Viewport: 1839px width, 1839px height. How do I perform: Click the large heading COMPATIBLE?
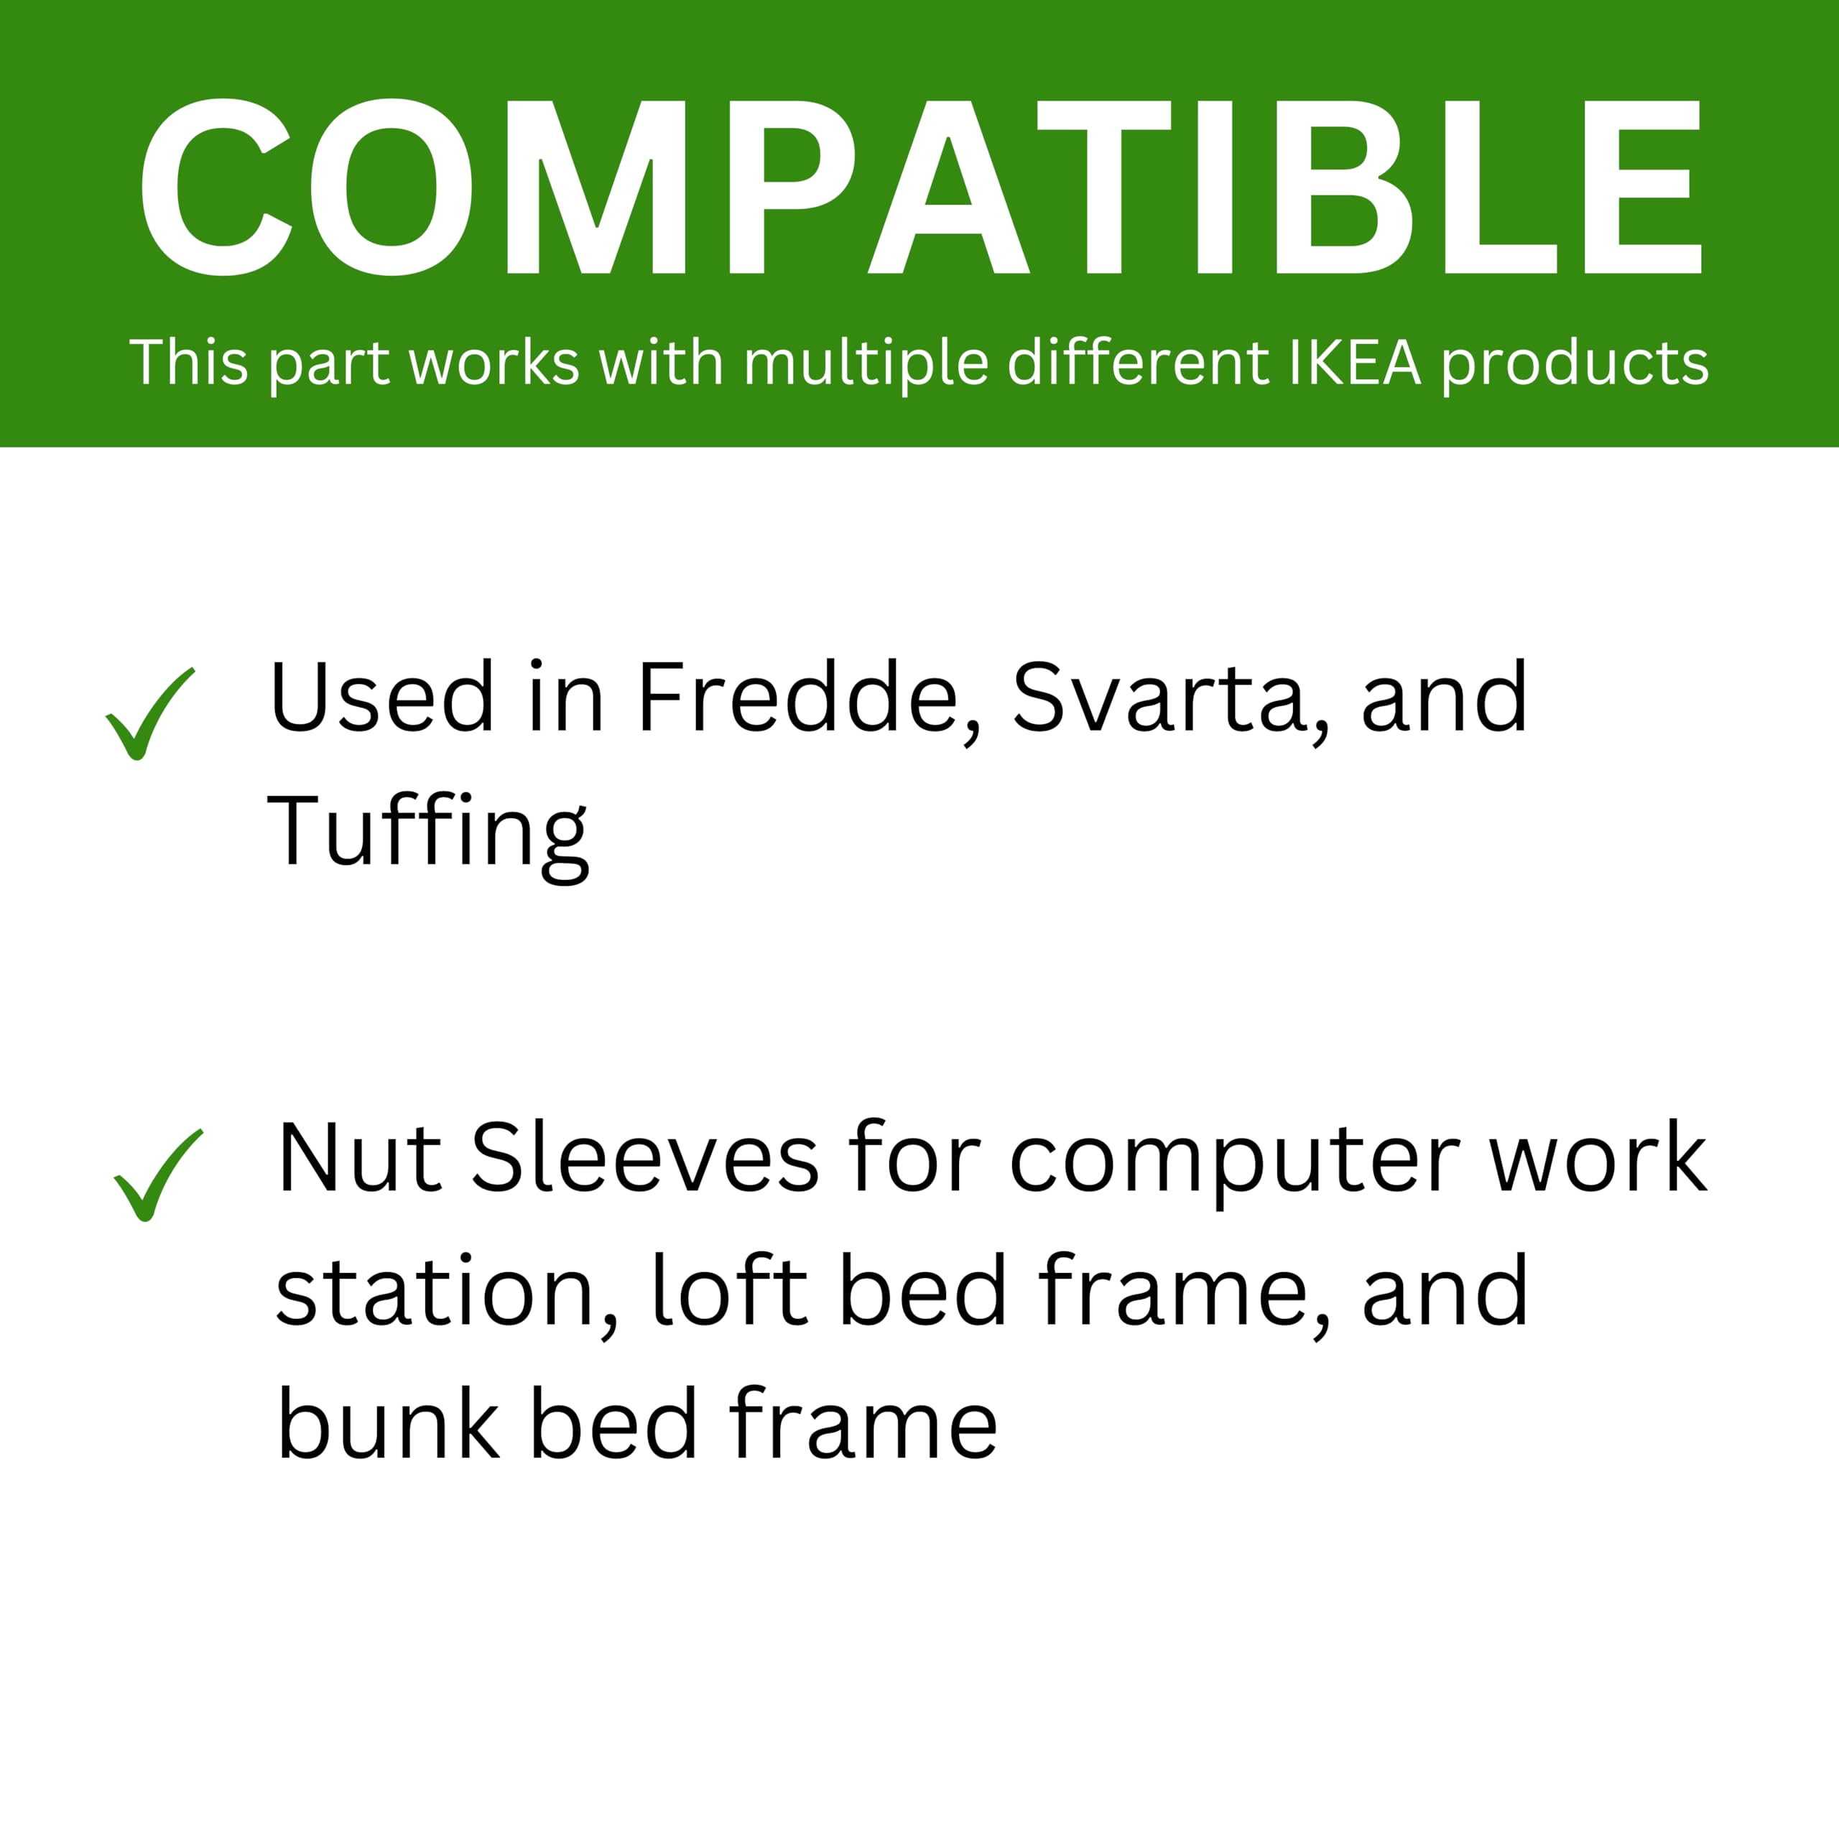point(920,187)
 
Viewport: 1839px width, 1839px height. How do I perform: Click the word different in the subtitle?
point(1139,362)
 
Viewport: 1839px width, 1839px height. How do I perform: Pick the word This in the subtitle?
point(190,363)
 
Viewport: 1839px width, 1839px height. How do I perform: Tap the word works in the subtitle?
point(494,363)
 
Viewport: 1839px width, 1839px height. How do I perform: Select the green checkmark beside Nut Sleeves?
point(158,1175)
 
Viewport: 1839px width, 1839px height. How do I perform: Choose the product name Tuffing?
point(428,835)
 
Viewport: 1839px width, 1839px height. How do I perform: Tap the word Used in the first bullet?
point(381,698)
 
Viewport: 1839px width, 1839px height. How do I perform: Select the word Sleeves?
point(644,1157)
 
